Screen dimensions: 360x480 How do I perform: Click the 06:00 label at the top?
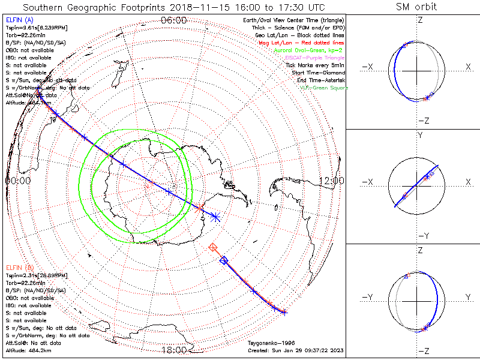pyautogui.click(x=174, y=20)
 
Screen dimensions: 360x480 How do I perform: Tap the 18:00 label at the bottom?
pyautogui.click(x=174, y=350)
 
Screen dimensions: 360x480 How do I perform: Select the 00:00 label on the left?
pyautogui.click(x=18, y=180)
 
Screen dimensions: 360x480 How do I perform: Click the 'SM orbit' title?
pyautogui.click(x=416, y=7)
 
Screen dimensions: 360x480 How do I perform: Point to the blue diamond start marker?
pyautogui.click(x=224, y=260)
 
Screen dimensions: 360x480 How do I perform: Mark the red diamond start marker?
pyautogui.click(x=213, y=247)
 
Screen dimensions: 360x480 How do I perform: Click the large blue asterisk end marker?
pyautogui.click(x=216, y=217)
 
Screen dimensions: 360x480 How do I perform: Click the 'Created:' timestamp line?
pyautogui.click(x=295, y=350)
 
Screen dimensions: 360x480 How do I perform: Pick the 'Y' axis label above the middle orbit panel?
pyautogui.click(x=420, y=135)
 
